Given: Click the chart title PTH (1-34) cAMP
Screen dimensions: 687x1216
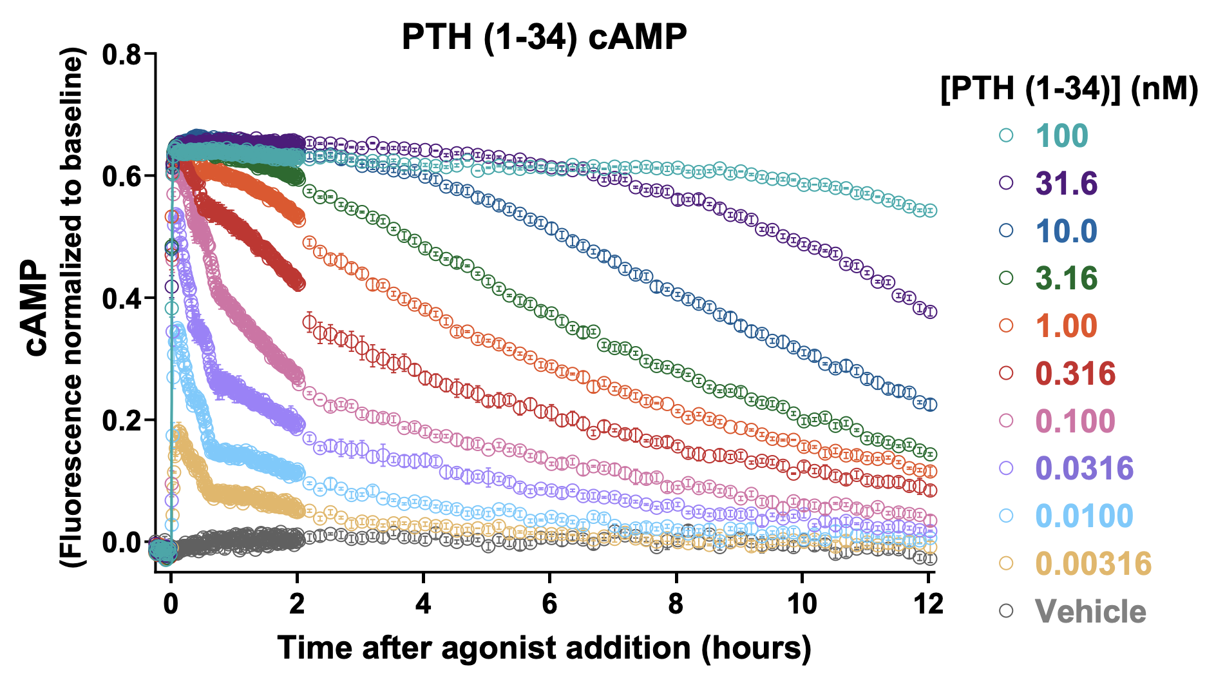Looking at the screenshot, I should point(544,37).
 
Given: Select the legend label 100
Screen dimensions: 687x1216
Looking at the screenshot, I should point(1061,136).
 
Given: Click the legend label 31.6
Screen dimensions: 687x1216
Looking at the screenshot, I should point(1067,184).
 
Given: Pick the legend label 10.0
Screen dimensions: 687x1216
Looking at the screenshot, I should point(1067,231).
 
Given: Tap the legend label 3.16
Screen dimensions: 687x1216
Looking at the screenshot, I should point(1067,278).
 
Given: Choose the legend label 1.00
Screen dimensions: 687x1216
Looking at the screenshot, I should point(1067,326).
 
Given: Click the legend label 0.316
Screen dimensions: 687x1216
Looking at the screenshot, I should point(1075,374).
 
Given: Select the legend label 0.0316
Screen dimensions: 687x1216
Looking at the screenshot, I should point(1085,469).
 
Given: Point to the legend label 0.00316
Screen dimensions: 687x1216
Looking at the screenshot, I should point(1093,564).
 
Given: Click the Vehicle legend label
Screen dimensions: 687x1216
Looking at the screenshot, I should point(1090,612).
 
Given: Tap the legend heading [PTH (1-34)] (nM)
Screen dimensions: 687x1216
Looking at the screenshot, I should point(1069,89).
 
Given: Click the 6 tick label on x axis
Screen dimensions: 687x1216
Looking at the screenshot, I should point(549,605).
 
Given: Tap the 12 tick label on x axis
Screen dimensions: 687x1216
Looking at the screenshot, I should point(928,605).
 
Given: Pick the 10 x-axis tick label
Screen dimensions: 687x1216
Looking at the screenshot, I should point(802,605).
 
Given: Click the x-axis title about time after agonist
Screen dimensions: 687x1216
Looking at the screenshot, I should point(544,648).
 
